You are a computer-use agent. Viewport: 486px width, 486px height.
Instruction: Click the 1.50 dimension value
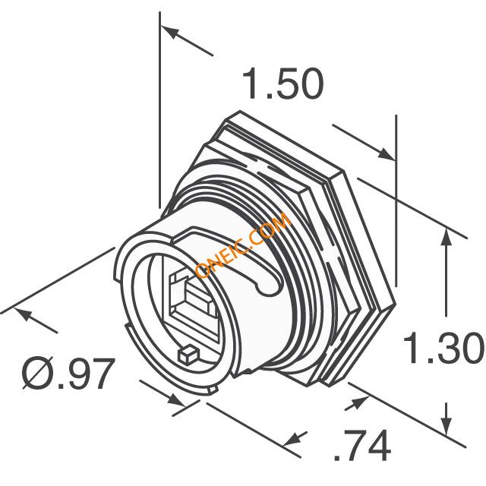point(283,84)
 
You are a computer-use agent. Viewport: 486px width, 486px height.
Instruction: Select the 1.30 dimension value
point(443,347)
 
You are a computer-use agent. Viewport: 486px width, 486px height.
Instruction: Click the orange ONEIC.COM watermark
point(243,245)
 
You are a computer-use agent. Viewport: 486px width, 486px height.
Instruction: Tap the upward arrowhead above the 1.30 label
point(446,238)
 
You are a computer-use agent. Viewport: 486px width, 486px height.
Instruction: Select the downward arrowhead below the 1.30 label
point(446,425)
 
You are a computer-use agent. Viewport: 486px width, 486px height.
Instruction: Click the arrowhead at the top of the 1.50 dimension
point(169,32)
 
